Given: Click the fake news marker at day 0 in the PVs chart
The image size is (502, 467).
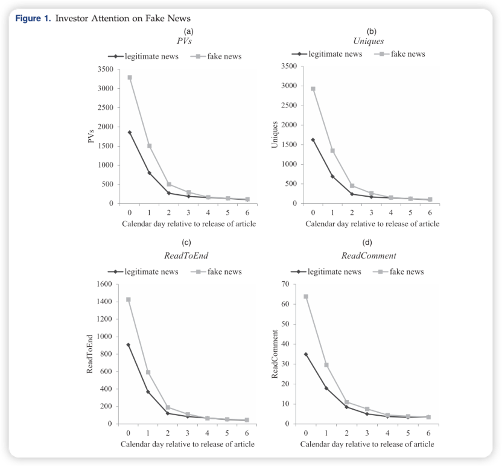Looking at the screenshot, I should tap(129, 77).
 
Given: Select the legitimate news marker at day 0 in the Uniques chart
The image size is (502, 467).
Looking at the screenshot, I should tap(313, 140).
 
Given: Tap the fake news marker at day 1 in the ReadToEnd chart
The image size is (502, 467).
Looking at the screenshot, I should tap(148, 372).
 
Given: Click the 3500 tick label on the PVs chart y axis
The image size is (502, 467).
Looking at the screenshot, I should tap(103, 69).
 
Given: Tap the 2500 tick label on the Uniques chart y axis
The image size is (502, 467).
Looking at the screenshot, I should tap(287, 106).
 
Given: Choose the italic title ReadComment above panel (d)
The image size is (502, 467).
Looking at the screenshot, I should tap(369, 256).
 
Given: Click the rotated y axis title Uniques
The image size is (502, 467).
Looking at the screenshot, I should tap(275, 135).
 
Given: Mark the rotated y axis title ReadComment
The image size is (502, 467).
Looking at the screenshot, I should tap(275, 354).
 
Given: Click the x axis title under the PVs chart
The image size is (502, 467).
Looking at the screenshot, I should tap(189, 224).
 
